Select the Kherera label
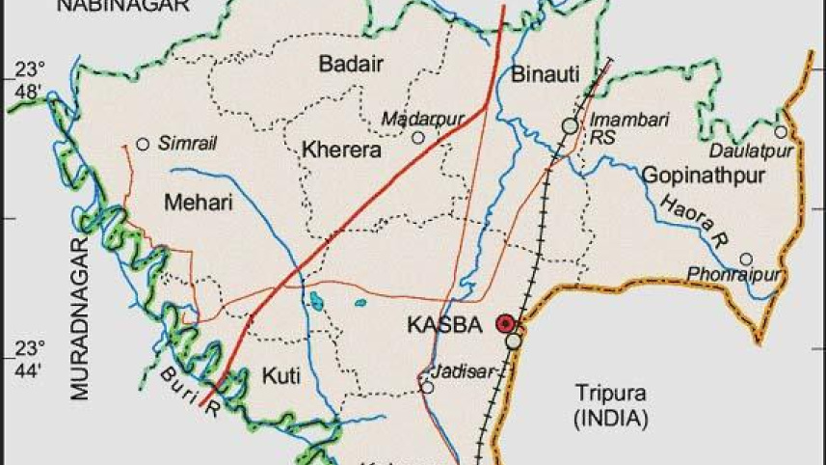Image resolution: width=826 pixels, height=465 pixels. [x=342, y=150]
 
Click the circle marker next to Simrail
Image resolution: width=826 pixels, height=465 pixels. [x=143, y=144]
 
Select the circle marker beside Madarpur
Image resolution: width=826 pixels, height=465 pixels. [x=418, y=138]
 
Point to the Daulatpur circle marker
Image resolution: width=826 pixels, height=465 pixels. [x=780, y=132]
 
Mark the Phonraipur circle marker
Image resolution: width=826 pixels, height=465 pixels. [x=745, y=259]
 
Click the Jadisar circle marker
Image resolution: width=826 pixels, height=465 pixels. [x=427, y=388]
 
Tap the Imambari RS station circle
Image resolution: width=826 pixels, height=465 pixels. [x=571, y=125]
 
